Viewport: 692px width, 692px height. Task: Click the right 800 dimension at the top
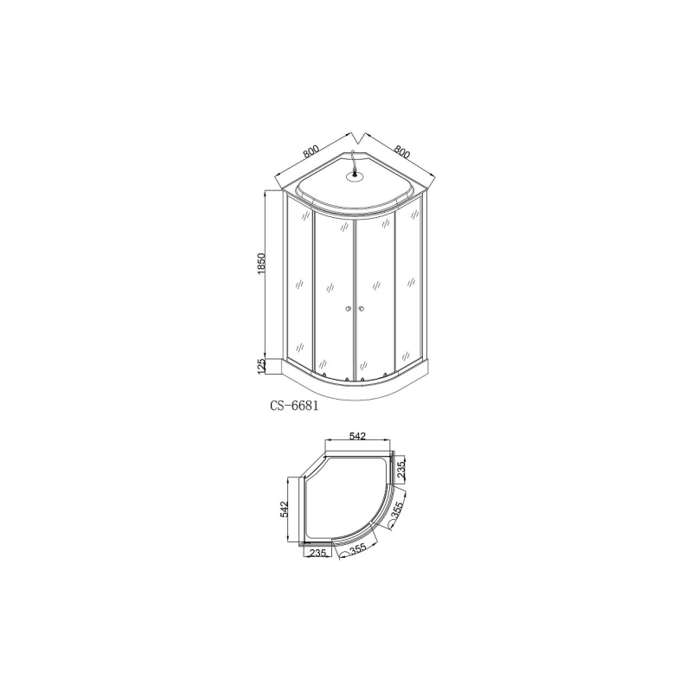(x=400, y=150)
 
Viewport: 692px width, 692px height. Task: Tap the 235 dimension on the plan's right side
(x=400, y=472)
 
